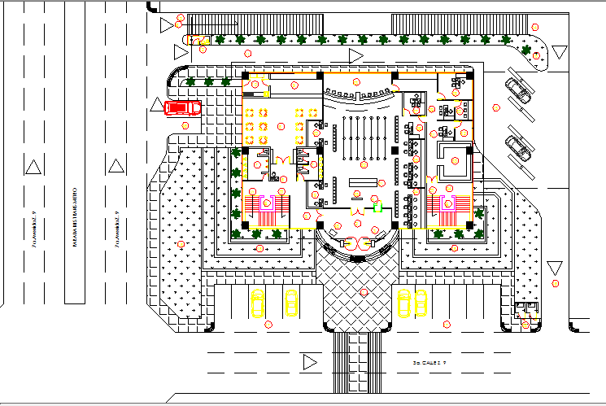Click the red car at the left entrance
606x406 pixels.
[181, 107]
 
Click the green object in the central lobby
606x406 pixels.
[377, 207]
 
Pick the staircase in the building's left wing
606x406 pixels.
[268, 211]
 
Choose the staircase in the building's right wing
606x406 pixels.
[447, 211]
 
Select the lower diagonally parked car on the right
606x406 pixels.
[517, 147]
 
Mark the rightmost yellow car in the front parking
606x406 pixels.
[421, 303]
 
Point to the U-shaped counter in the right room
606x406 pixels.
[452, 160]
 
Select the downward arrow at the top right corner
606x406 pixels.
[559, 52]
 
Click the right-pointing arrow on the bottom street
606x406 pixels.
[308, 362]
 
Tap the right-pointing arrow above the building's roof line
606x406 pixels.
[355, 55]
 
